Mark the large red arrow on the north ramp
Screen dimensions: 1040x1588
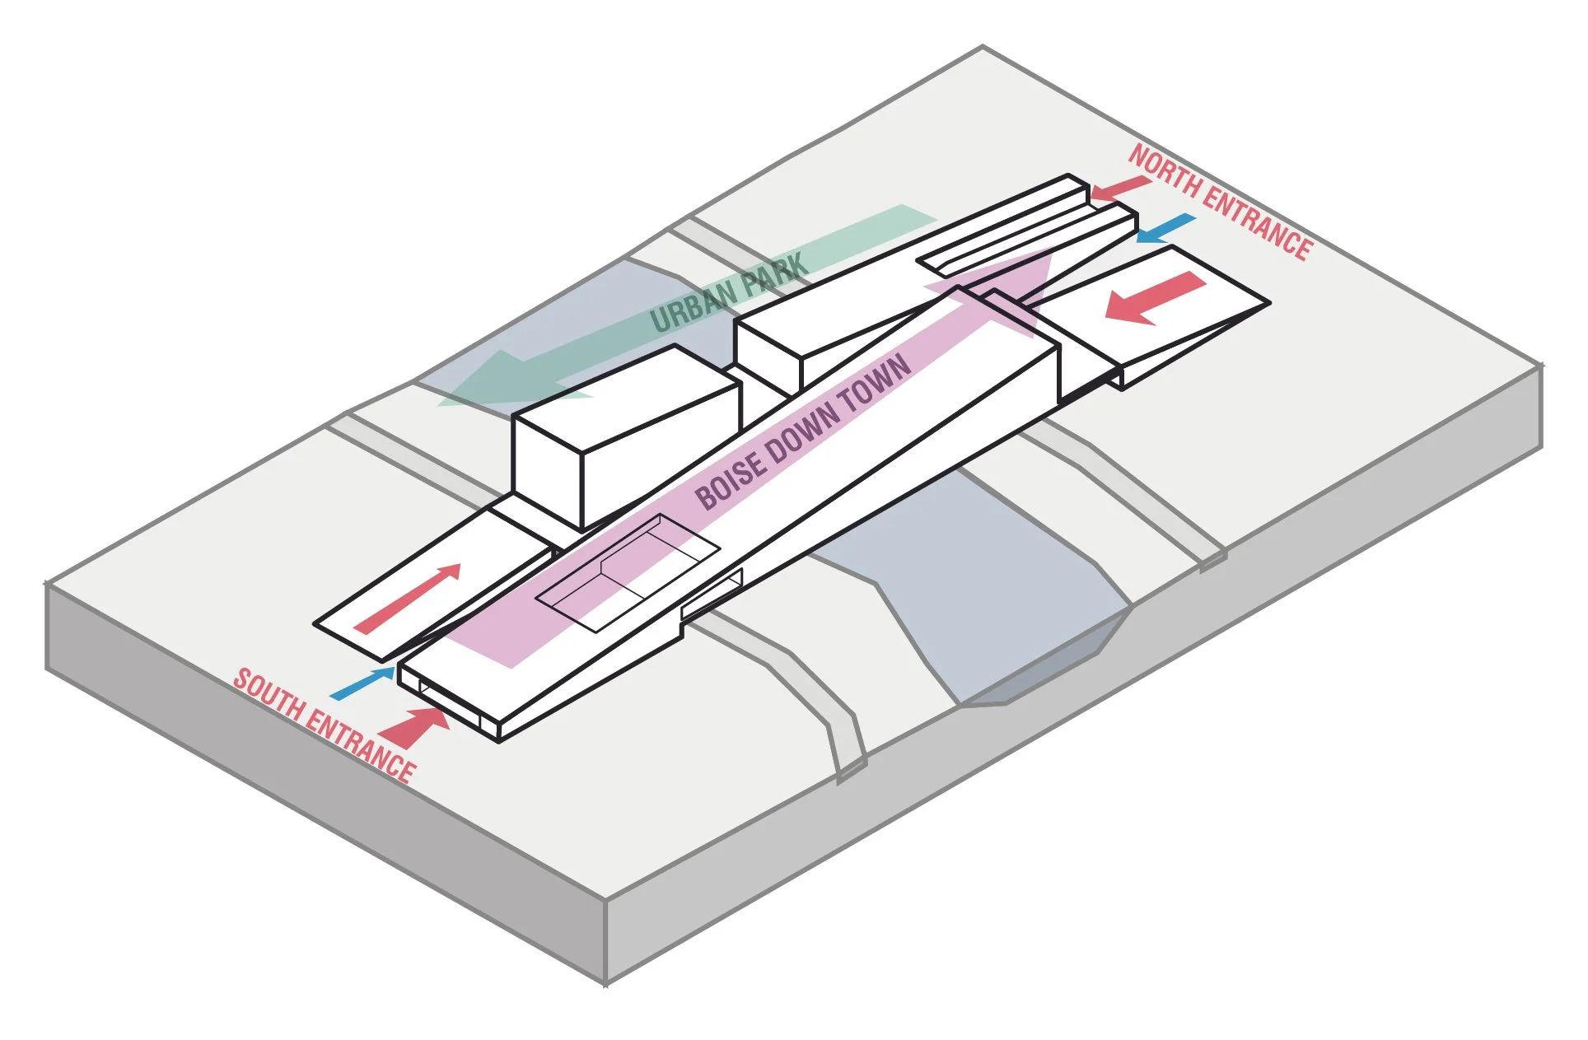(1153, 296)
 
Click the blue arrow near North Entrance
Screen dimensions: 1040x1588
(1165, 228)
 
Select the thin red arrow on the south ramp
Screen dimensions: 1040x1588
(408, 598)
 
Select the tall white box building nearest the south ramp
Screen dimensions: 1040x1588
(626, 436)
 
